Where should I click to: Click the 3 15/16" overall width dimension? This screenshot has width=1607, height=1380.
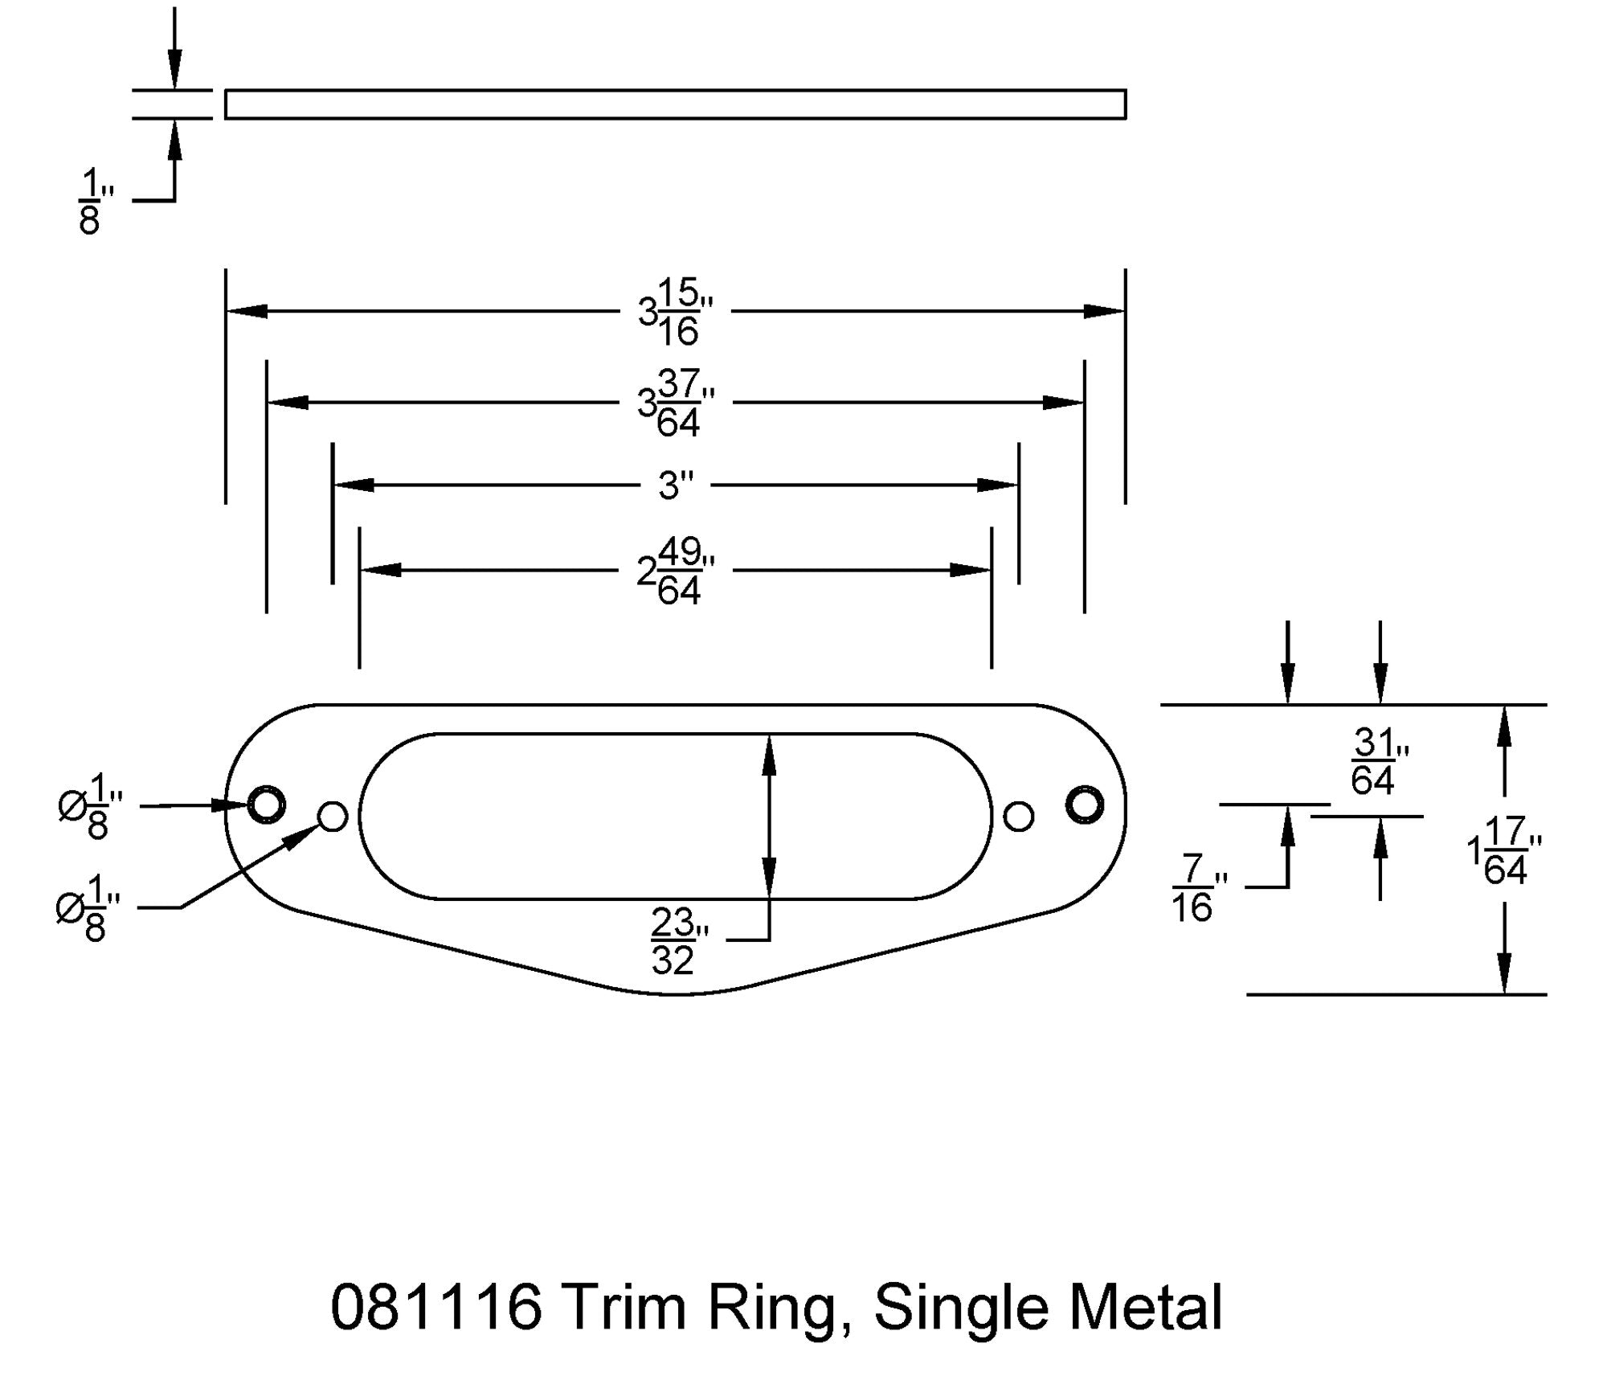(676, 312)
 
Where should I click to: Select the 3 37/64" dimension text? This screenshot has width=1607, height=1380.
(676, 403)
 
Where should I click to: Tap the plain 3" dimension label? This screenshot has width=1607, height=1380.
(675, 485)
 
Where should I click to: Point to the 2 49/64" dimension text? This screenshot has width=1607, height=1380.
(675, 571)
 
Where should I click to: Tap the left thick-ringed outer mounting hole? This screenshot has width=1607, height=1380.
(266, 804)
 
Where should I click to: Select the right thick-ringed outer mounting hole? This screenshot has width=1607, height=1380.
(1084, 804)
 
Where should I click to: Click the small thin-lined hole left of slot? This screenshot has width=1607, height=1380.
(333, 817)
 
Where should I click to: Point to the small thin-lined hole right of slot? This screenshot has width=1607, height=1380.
(1018, 817)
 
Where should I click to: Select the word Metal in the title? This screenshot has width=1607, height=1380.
(1145, 1308)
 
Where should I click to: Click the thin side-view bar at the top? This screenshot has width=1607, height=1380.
(675, 104)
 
